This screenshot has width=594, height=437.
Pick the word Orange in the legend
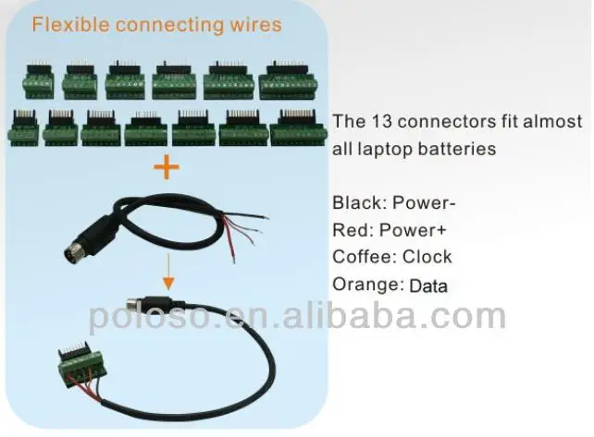click(x=365, y=285)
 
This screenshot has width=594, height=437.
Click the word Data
click(x=427, y=285)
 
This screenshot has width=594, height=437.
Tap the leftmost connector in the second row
click(x=24, y=128)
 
